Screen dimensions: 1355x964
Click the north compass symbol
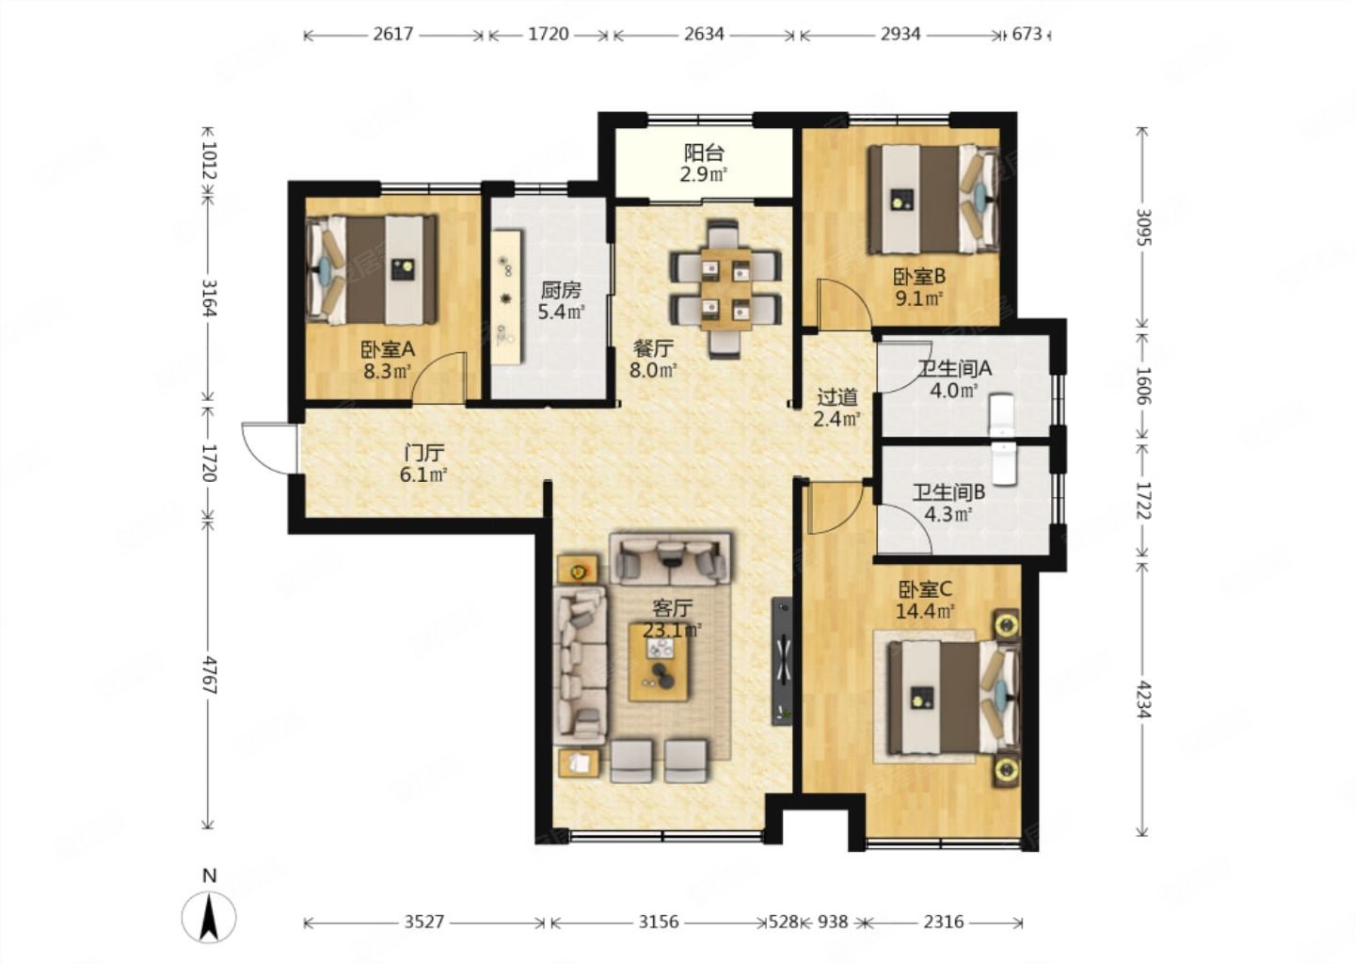(209, 917)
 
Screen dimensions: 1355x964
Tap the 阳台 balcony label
(704, 153)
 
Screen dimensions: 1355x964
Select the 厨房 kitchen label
(561, 291)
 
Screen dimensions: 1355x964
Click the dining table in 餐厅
(725, 290)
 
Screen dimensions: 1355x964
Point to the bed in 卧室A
(372, 270)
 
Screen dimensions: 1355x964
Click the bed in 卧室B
(933, 199)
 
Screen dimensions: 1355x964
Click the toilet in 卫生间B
(1003, 463)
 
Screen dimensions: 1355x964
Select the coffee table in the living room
(658, 662)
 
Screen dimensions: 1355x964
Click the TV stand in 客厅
(782, 662)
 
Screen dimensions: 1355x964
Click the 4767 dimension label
(208, 674)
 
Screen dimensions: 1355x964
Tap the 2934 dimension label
(901, 35)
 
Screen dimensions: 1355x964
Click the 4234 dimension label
(1142, 699)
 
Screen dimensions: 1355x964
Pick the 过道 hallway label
(837, 397)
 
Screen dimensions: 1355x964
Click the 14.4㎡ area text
(925, 611)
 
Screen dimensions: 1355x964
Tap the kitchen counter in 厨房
(506, 297)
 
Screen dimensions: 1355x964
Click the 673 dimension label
(1028, 35)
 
